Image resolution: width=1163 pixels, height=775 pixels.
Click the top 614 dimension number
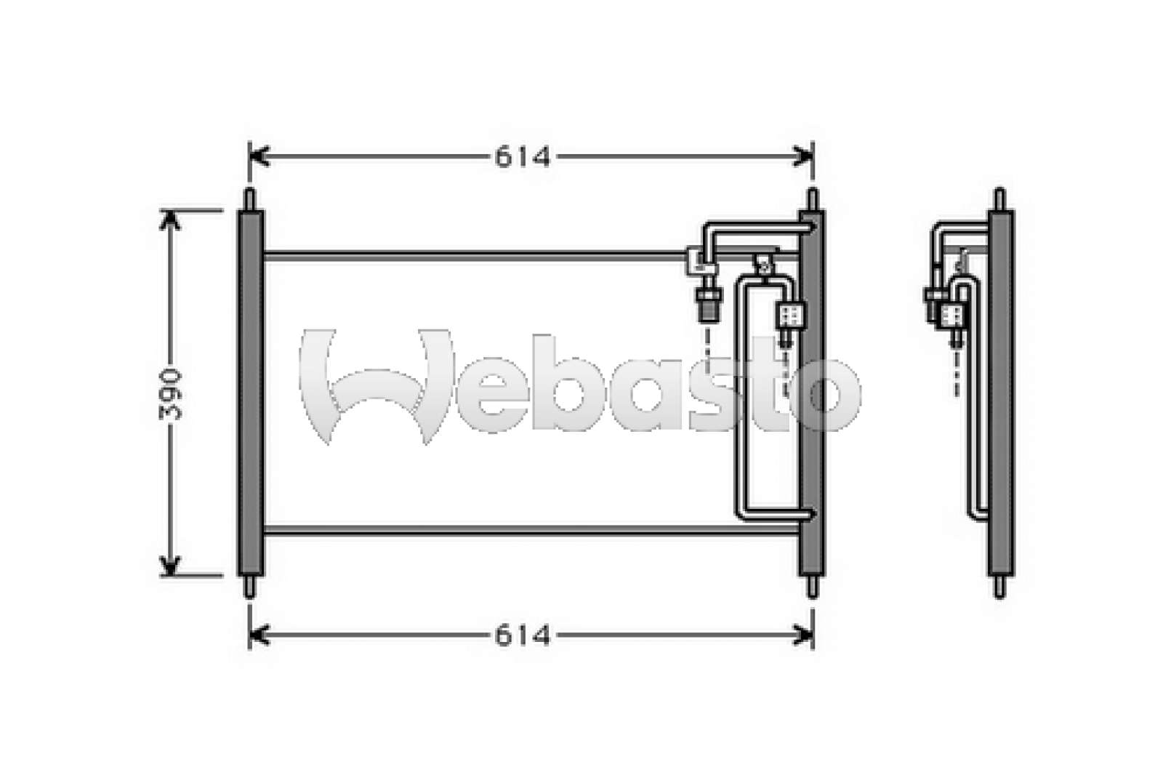523,157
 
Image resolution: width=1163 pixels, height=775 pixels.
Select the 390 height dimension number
171,394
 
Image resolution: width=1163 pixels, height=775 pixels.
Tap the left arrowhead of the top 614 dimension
259,156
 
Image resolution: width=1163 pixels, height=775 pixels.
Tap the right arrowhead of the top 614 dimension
803,156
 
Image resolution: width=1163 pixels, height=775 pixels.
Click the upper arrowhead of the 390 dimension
170,220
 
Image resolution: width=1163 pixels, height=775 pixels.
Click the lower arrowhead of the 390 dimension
170,566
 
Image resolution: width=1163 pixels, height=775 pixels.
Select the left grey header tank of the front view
251,393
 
